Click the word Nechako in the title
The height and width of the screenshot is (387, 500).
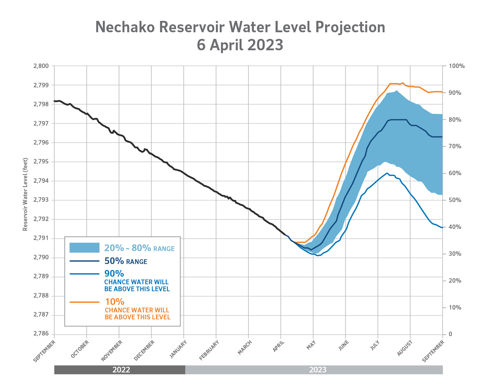point(125,27)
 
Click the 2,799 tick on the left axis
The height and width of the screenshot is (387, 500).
point(41,85)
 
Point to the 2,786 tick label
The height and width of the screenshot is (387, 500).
point(41,334)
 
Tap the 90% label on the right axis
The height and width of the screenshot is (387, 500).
point(455,93)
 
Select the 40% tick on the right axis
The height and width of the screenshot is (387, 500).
point(455,227)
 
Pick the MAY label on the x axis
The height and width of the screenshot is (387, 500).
point(311,345)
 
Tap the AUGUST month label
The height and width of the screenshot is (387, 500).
point(405,348)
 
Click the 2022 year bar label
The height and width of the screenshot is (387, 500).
point(121,370)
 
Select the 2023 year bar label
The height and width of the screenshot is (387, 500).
point(318,370)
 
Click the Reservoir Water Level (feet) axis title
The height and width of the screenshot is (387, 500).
point(25,194)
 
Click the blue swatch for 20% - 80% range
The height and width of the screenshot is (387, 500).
point(84,248)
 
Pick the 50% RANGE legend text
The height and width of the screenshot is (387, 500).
point(126,261)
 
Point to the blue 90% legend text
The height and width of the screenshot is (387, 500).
point(114,273)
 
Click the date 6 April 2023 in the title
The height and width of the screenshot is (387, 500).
point(240,45)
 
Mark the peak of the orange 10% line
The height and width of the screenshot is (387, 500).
point(403,83)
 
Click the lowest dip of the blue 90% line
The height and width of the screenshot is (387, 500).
point(318,255)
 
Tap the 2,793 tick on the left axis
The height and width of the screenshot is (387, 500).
point(41,200)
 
